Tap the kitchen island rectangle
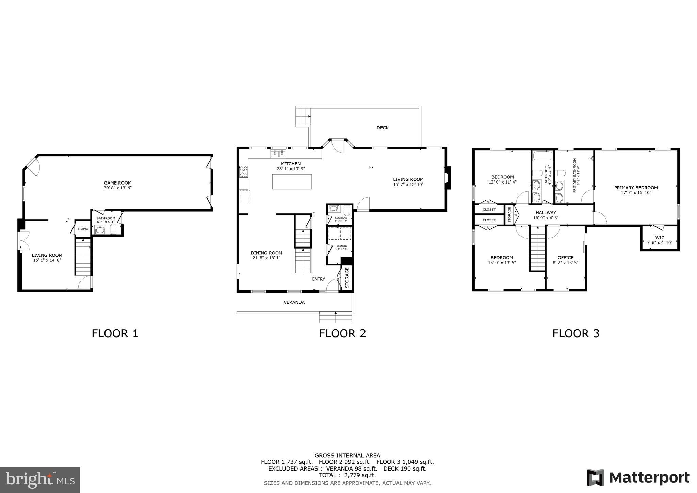(292, 181)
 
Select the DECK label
(383, 128)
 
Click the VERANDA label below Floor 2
(294, 302)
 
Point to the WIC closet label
(660, 238)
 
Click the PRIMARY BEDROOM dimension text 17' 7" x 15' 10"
(636, 192)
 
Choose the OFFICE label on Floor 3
(565, 258)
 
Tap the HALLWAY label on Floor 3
(546, 212)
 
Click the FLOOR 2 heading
(342, 333)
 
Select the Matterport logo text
(649, 478)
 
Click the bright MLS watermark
(40, 480)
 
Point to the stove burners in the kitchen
(243, 172)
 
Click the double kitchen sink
(278, 154)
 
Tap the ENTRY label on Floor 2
(319, 279)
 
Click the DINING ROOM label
(266, 253)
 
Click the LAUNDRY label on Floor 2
(342, 246)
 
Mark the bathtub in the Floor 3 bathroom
(543, 156)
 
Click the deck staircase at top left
(304, 116)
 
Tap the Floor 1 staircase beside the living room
(83, 257)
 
